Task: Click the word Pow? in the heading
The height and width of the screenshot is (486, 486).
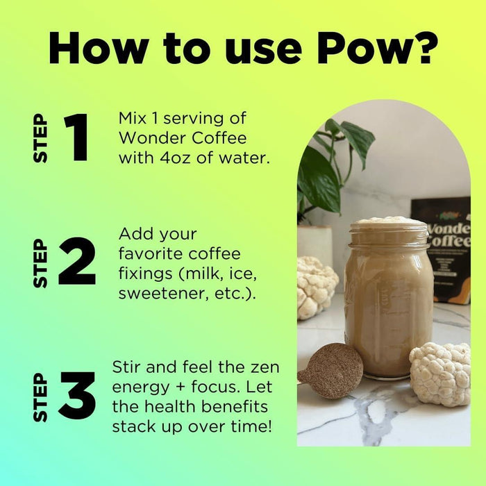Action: [x=377, y=49]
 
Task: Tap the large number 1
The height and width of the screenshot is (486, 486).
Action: [x=76, y=137]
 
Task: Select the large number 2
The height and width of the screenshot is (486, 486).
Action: [x=77, y=260]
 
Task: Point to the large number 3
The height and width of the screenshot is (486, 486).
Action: [x=78, y=395]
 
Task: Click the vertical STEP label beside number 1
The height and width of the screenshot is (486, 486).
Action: [x=40, y=138]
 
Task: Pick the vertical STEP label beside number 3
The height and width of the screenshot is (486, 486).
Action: [x=40, y=397]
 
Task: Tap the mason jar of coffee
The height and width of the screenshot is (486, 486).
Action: [x=389, y=298]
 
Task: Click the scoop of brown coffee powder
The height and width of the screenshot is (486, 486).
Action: [x=332, y=371]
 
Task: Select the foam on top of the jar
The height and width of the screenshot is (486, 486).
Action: [x=387, y=221]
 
